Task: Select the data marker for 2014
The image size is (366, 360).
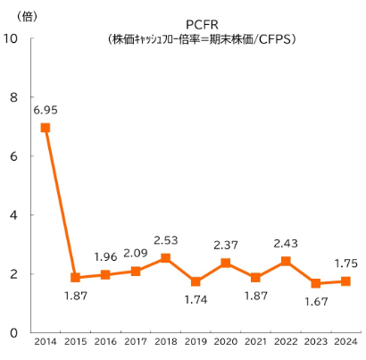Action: pyautogui.click(x=46, y=128)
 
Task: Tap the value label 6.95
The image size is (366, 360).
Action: pyautogui.click(x=46, y=110)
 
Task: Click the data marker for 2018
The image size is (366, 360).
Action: pyautogui.click(x=165, y=258)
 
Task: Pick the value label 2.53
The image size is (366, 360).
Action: pyautogui.click(x=165, y=239)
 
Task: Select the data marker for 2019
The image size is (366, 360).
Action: pyautogui.click(x=195, y=281)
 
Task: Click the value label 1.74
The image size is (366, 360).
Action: pyautogui.click(x=195, y=300)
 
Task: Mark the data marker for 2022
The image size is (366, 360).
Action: pyautogui.click(x=286, y=261)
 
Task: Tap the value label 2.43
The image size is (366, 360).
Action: pyautogui.click(x=286, y=243)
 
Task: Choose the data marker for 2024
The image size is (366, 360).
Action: pyautogui.click(x=346, y=281)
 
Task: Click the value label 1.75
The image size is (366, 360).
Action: pyautogui.click(x=346, y=264)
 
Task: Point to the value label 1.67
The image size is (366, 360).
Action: pyautogui.click(x=316, y=301)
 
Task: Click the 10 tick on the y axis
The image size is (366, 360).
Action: pyautogui.click(x=12, y=38)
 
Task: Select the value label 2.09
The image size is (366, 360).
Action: pyautogui.click(x=135, y=253)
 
